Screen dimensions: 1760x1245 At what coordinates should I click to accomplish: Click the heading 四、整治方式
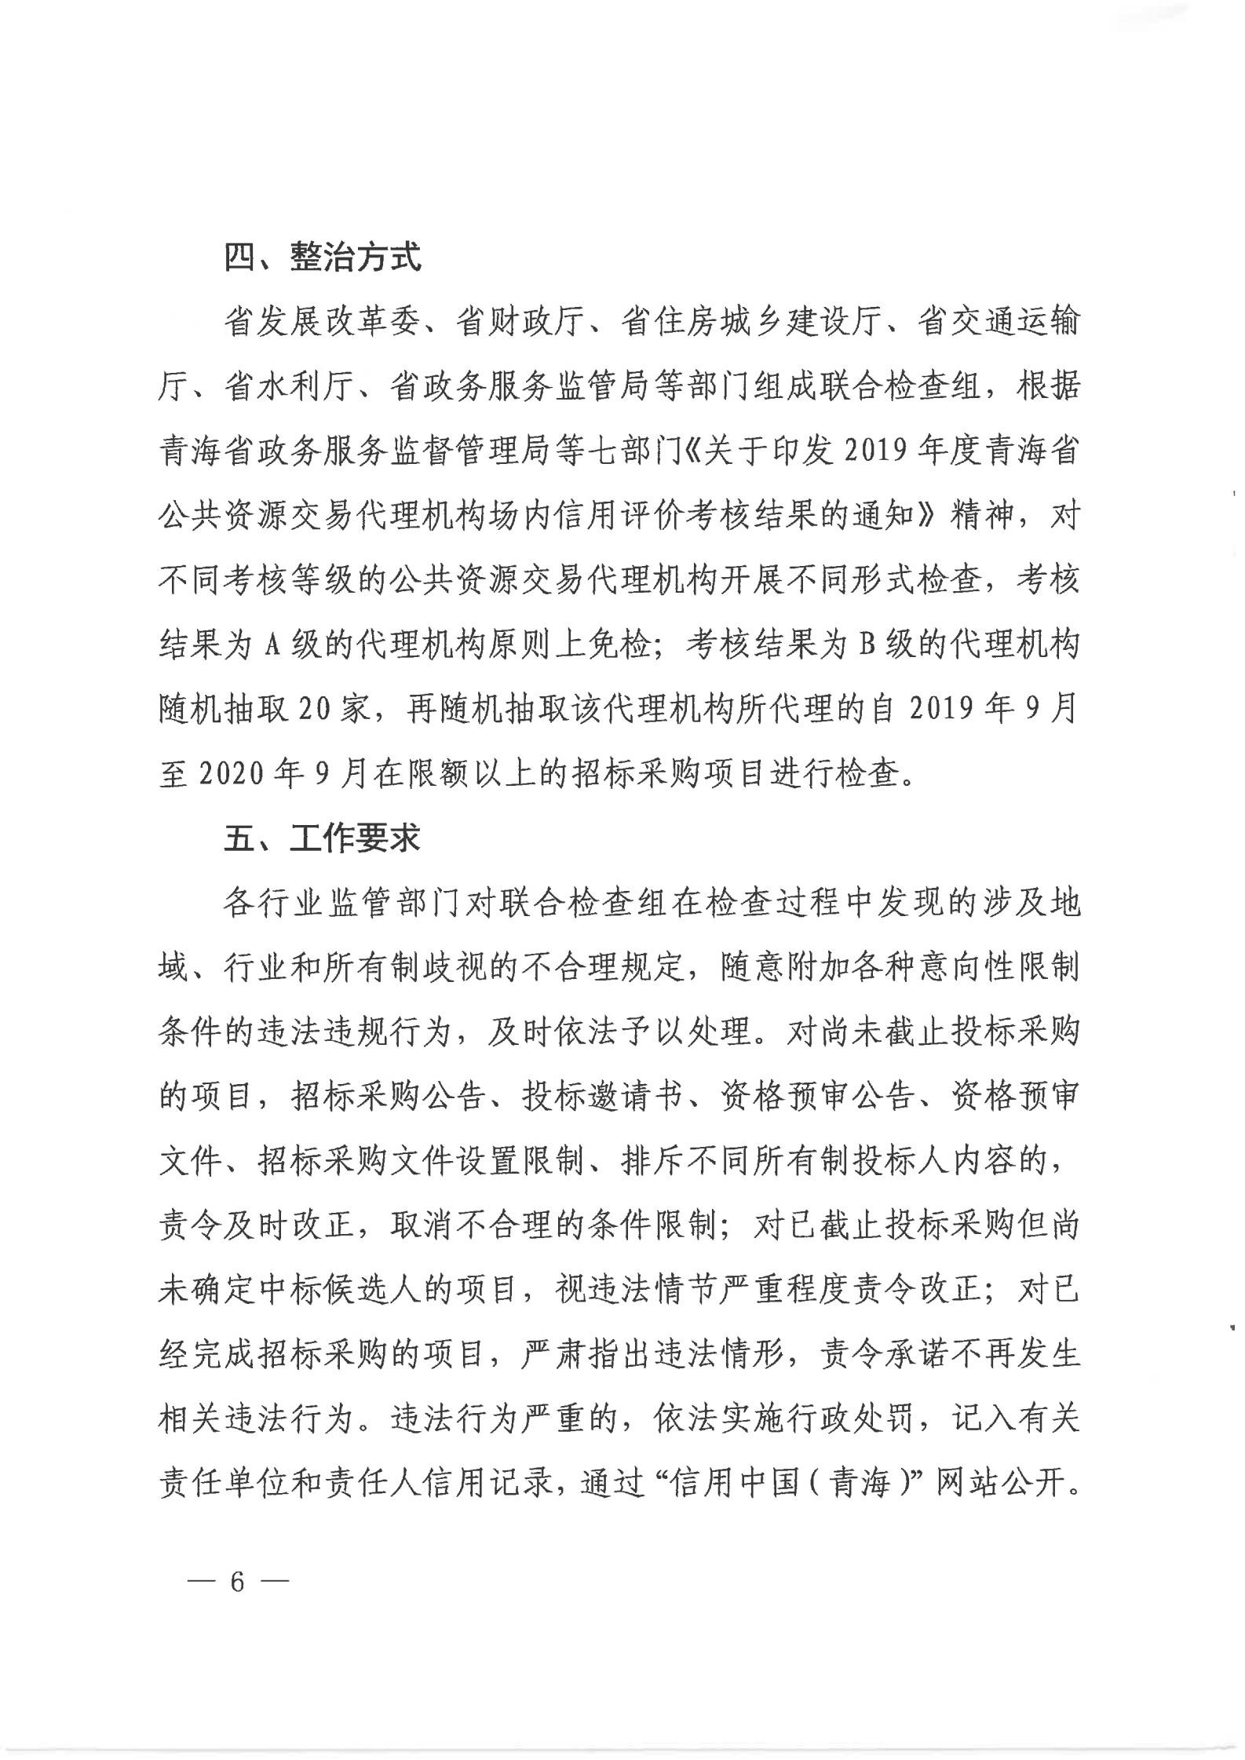(323, 257)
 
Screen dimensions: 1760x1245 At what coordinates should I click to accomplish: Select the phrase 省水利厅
(290, 388)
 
